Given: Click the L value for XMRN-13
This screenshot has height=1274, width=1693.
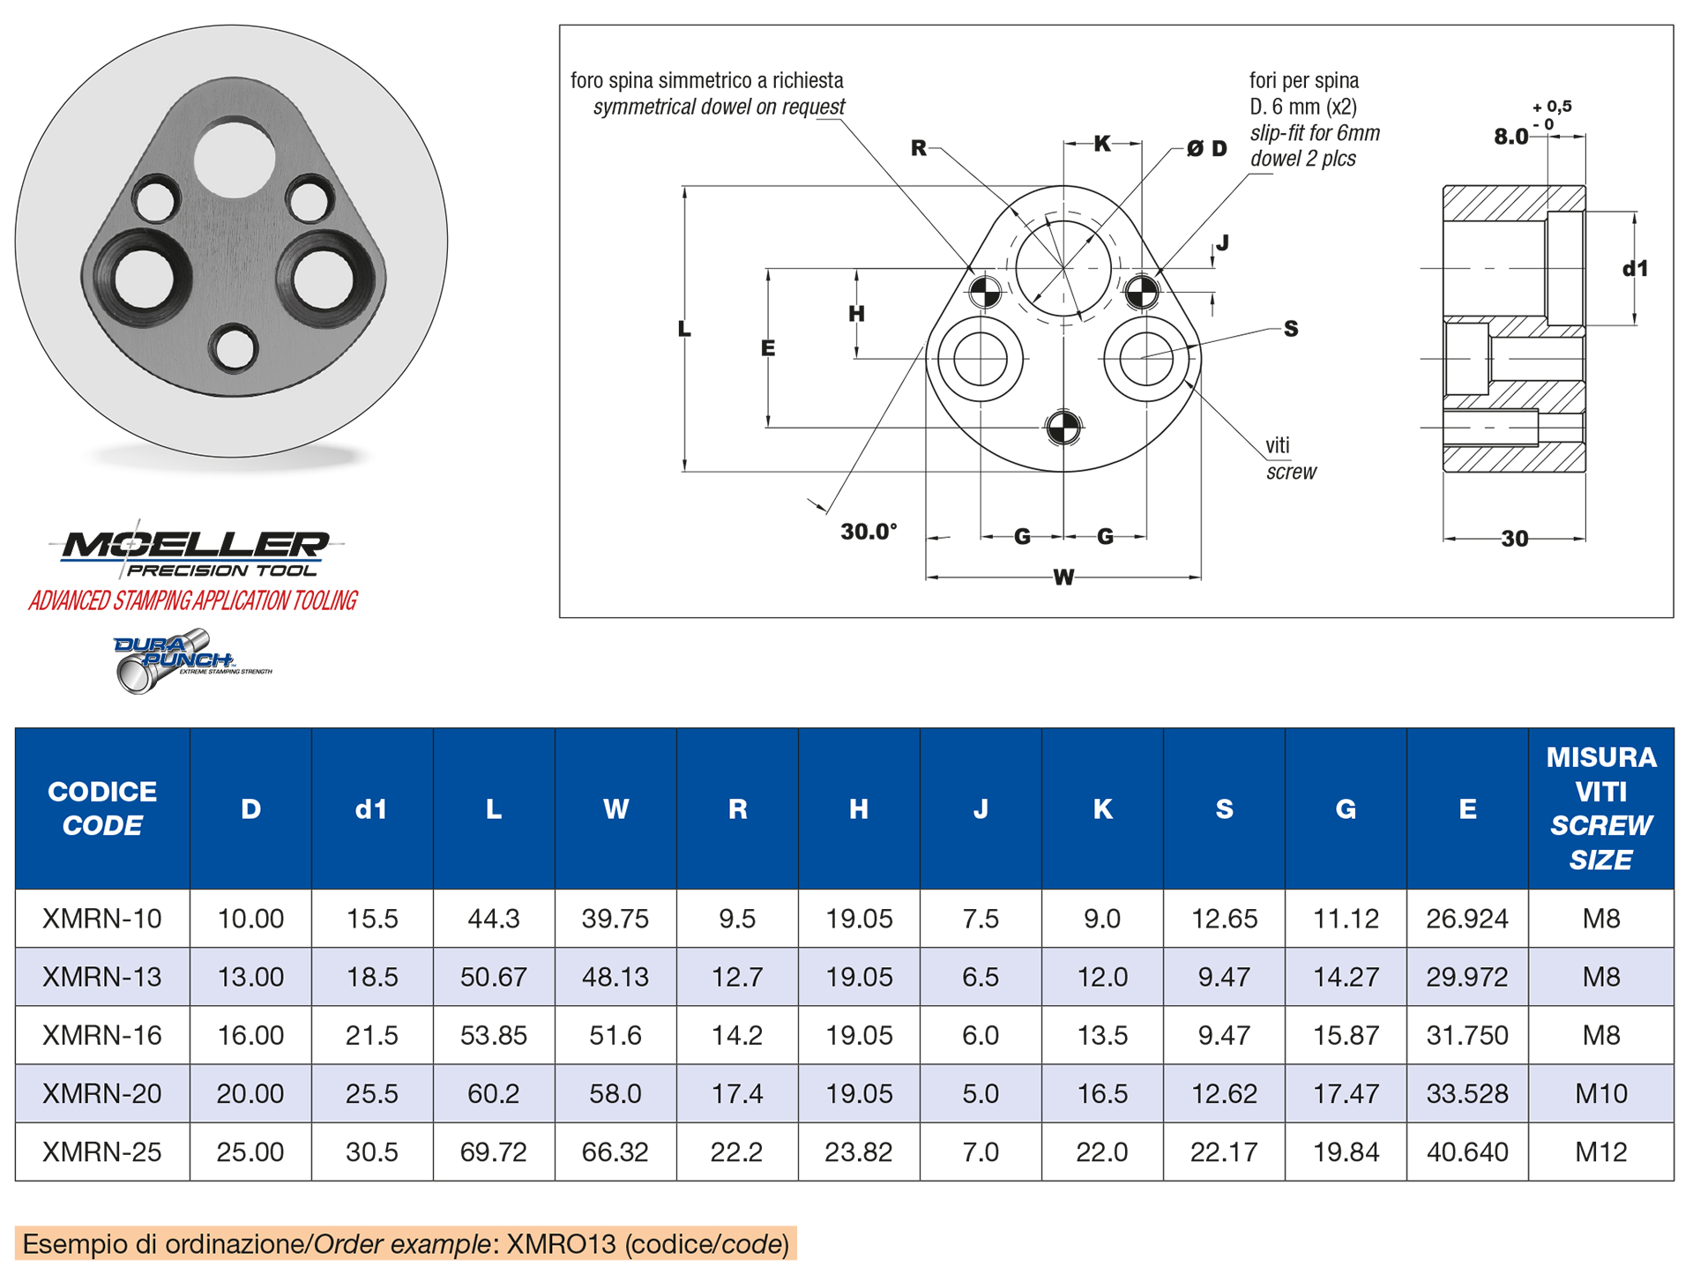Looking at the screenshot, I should point(493,977).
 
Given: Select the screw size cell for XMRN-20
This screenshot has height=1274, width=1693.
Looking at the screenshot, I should point(1600,1093).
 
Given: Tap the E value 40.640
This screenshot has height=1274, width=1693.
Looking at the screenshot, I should point(1466,1151).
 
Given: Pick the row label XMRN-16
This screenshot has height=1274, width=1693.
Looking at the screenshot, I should point(102,1035).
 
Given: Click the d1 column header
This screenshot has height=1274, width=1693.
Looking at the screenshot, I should point(371,809).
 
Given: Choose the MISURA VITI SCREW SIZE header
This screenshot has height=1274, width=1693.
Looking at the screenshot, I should point(1600,808).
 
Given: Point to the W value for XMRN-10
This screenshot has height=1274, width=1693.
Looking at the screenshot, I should point(615,919).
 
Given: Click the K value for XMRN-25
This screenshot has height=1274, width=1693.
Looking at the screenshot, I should point(1101,1151).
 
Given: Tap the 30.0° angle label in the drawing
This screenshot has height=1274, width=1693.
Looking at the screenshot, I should point(869,532).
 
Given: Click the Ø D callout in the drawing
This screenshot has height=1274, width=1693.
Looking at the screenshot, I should point(1206,148).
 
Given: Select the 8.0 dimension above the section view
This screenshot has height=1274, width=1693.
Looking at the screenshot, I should point(1510,137).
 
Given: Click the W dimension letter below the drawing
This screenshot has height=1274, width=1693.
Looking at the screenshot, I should point(1063,577).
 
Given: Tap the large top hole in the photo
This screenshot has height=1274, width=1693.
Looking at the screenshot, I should point(235,159).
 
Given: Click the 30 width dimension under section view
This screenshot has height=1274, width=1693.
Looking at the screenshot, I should point(1514,539).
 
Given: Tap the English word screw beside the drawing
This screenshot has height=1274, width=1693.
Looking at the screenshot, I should point(1291,472).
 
